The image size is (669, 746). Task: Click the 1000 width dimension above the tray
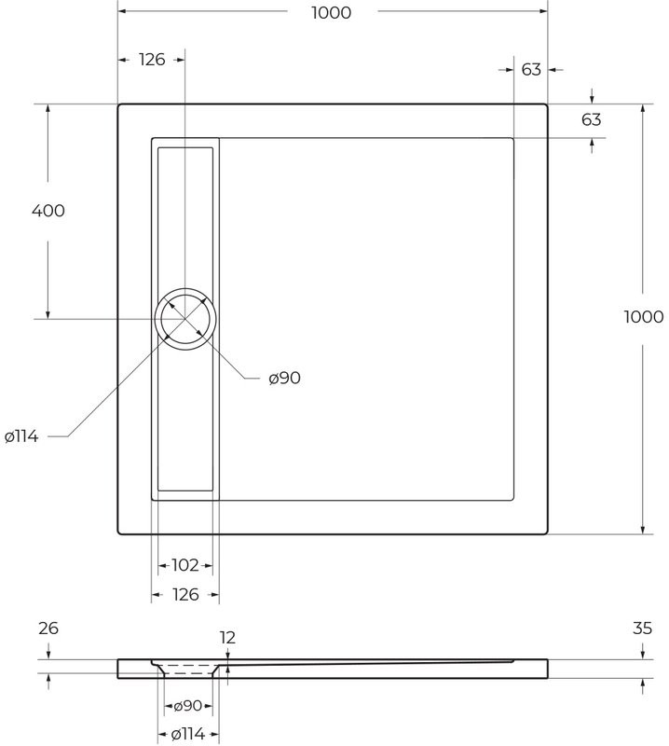click(332, 13)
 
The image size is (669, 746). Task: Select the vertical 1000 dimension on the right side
click(643, 317)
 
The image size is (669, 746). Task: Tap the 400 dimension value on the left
click(48, 211)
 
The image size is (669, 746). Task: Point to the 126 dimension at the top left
click(152, 60)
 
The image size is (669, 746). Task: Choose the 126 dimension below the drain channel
click(185, 595)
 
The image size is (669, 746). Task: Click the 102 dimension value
click(185, 565)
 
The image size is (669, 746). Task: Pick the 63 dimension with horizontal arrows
click(531, 70)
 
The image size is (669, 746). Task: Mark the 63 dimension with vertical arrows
click(592, 120)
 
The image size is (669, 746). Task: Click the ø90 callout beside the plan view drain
click(284, 379)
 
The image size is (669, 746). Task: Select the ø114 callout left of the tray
click(21, 436)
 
